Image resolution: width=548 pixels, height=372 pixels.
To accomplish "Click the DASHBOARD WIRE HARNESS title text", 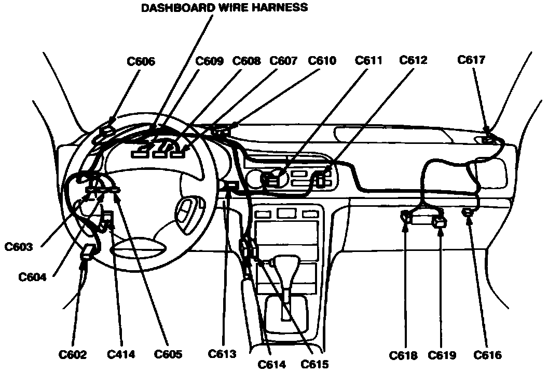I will pyautogui.click(x=225, y=7).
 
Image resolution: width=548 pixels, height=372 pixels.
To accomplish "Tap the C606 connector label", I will pyautogui.click(x=141, y=61).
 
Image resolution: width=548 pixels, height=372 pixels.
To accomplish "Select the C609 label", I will pyautogui.click(x=209, y=61).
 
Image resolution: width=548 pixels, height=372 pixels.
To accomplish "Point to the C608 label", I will pyautogui.click(x=246, y=61).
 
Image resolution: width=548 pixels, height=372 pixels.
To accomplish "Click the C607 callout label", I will pyautogui.click(x=283, y=61).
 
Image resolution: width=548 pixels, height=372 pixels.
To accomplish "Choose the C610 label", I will pyautogui.click(x=322, y=61).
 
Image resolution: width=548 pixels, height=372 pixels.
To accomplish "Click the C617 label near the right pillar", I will pyautogui.click(x=471, y=60).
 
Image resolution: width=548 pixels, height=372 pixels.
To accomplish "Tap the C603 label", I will pyautogui.click(x=19, y=247).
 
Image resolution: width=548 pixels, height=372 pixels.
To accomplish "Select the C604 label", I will pyautogui.click(x=32, y=277).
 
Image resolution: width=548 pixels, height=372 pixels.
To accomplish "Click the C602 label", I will pyautogui.click(x=73, y=355).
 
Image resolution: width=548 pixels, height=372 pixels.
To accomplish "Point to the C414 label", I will pyautogui.click(x=121, y=355).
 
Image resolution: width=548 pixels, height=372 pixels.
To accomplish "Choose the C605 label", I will pyautogui.click(x=168, y=355).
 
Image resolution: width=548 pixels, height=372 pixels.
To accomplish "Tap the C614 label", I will pyautogui.click(x=272, y=364).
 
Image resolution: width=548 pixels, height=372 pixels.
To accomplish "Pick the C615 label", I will pyautogui.click(x=314, y=364).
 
